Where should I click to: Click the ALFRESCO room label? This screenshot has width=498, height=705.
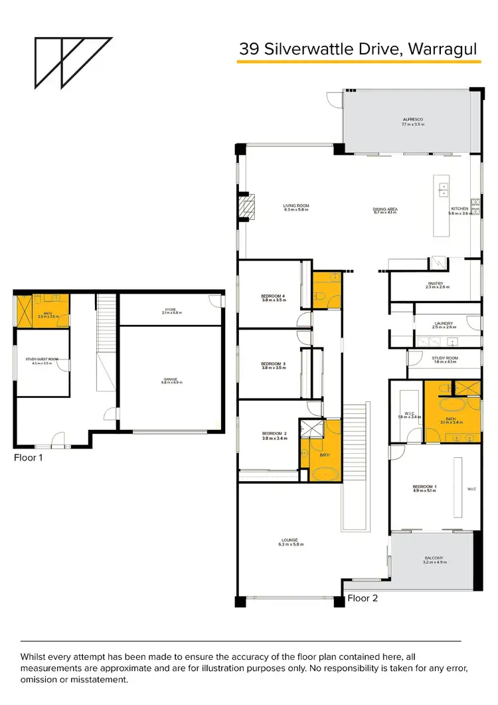click(412, 122)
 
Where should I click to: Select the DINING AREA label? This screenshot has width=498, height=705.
click(385, 210)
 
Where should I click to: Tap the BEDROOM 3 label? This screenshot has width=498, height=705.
click(273, 365)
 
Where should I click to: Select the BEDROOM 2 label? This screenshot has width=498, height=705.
click(273, 436)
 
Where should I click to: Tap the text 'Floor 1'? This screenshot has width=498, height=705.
click(30, 457)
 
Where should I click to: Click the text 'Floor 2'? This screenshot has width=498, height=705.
click(363, 598)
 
